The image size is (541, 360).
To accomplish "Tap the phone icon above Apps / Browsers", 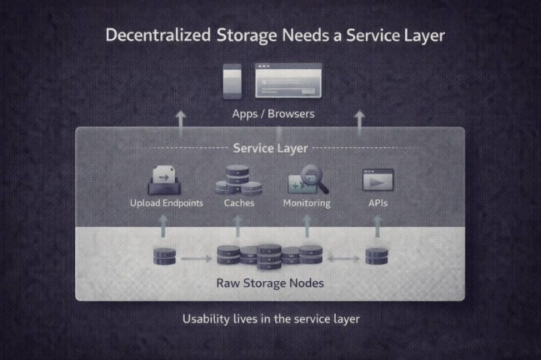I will pos(232,80).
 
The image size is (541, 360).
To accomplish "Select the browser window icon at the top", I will pos(288,80).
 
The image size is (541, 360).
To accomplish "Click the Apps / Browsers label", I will pos(273,114).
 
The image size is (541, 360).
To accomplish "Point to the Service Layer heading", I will pos(270,148).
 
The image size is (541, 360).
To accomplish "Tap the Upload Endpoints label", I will pos(166,203).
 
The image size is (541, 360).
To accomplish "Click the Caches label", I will pos(239,203).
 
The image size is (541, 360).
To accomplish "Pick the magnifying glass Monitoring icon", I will pos(307,181).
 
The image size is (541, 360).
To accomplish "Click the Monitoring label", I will pos(307,203).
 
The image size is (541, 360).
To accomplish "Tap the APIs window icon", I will pos(378,180).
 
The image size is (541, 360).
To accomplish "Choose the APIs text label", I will pos(378,203).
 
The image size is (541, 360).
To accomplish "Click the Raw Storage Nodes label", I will pos(270,283).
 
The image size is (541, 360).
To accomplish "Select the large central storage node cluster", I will pos(269,256).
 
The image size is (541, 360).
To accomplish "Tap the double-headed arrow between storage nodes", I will pos(343,259).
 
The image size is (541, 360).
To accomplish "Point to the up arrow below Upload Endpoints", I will pos(163,225).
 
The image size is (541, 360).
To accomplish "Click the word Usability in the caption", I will pos(205,319).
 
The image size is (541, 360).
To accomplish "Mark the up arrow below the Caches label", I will pos(238,225).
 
